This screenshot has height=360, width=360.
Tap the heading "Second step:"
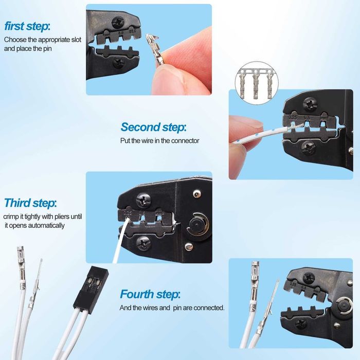153,127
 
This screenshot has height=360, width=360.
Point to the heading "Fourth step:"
150,295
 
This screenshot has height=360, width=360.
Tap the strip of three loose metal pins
255,81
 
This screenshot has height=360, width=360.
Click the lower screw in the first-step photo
118,64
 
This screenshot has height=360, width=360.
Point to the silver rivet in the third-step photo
195,193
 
